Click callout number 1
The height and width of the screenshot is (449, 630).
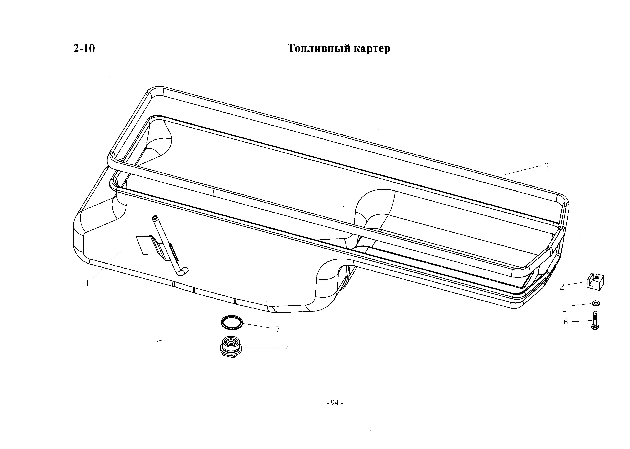tap(88, 283)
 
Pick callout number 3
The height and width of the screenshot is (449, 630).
tap(547, 167)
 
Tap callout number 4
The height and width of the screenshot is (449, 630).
tap(287, 349)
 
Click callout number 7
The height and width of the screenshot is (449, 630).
tap(277, 330)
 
